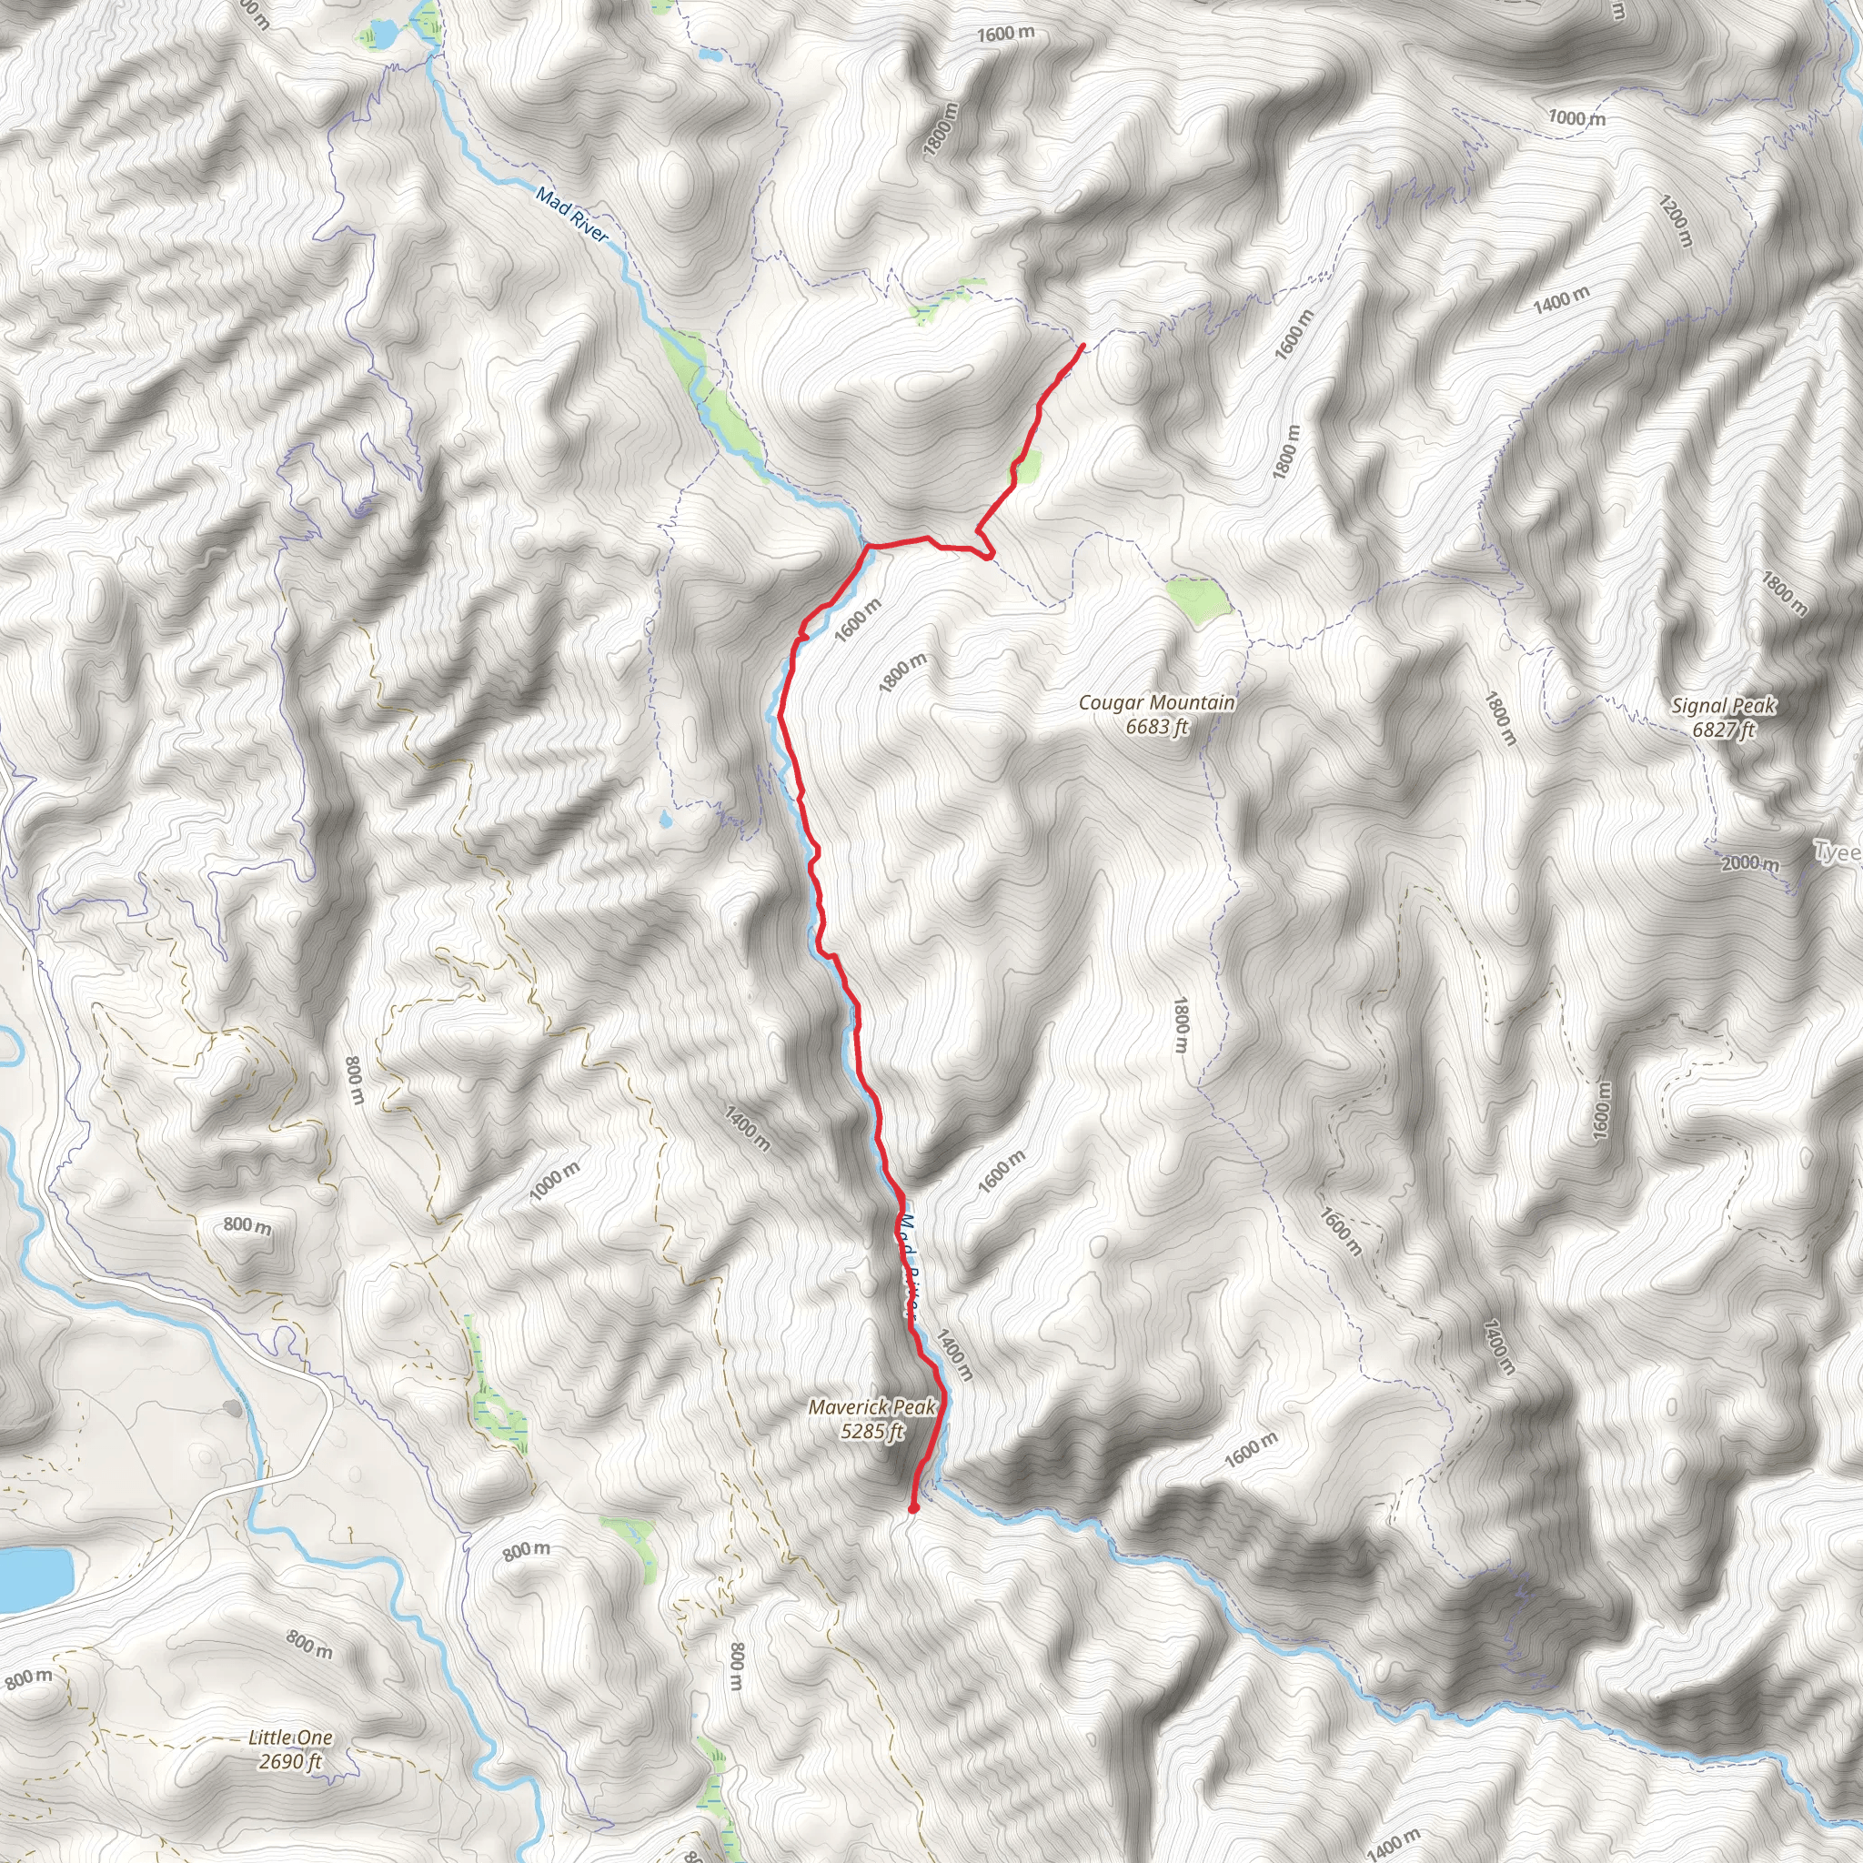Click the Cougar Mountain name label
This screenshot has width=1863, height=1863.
[1156, 702]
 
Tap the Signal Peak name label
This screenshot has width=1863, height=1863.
[1723, 705]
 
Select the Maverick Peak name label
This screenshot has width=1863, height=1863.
[871, 1407]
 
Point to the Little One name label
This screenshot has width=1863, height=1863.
[290, 1737]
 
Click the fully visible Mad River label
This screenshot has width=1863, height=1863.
[573, 215]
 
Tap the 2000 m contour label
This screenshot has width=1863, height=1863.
[1750, 863]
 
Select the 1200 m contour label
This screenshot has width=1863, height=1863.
[1675, 220]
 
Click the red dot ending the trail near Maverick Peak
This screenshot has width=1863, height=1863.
[913, 1509]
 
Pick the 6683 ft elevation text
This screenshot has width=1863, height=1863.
[1156, 726]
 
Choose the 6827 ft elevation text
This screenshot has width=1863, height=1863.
[1723, 729]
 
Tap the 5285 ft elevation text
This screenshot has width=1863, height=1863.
[871, 1431]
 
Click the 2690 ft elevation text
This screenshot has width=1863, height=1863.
[290, 1762]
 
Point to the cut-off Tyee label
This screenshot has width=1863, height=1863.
[1838, 852]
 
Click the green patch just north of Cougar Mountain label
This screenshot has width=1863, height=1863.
[1199, 599]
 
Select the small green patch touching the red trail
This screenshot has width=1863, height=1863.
[1027, 467]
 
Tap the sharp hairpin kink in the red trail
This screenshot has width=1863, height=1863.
[989, 555]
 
